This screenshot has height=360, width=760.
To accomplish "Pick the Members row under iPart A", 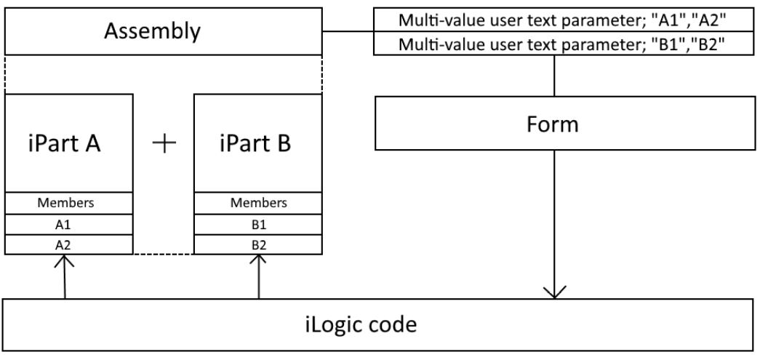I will click(x=69, y=203).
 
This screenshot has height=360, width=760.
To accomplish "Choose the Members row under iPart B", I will click(x=258, y=203).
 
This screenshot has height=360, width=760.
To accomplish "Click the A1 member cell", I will click(x=69, y=225).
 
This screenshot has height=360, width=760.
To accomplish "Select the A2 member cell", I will click(x=69, y=245).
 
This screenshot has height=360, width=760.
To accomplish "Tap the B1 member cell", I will click(x=258, y=225).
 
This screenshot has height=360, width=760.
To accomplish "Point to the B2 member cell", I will click(x=258, y=245).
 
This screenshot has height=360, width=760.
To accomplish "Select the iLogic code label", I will click(x=361, y=324).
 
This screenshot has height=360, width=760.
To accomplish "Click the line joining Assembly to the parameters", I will click(x=348, y=32).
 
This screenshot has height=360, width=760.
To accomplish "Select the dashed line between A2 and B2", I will click(x=163, y=254).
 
